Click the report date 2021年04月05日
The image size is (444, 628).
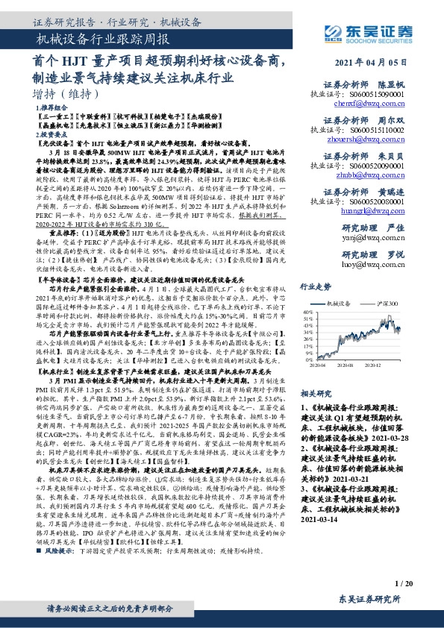pos(381,63)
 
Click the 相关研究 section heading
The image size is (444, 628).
pos(315,392)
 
